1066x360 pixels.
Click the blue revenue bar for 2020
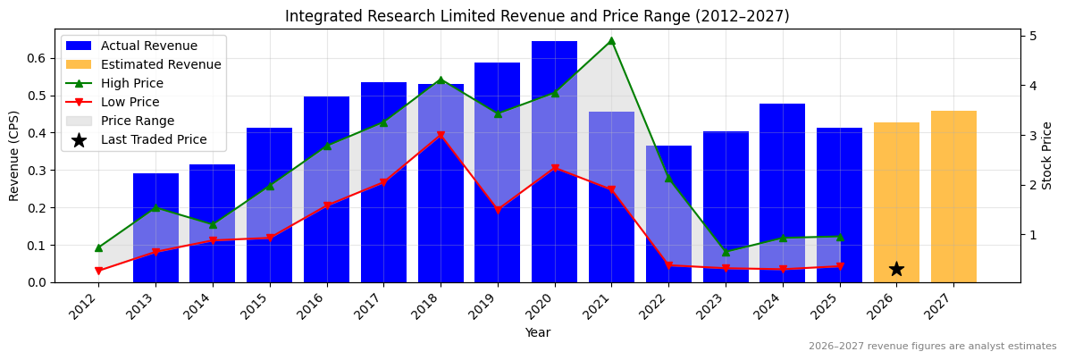pos(554,162)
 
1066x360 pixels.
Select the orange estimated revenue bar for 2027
pos(953,197)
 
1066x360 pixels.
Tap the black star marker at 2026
pos(896,269)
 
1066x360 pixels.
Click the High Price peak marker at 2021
pos(611,40)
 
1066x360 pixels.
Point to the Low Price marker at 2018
pos(441,136)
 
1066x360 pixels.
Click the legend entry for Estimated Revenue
pos(161,64)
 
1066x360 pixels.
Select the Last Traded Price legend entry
pos(154,139)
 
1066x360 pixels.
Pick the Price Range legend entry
pos(138,121)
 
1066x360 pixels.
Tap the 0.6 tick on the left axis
pos(37,58)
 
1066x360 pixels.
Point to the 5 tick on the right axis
pos(1033,36)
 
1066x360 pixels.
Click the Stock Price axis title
pos(1047,155)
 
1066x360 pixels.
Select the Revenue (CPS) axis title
pos(14,155)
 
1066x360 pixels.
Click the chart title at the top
pos(536,16)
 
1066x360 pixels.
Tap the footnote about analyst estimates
pos(932,347)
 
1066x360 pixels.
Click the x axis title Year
pos(537,332)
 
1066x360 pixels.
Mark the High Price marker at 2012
pos(98,247)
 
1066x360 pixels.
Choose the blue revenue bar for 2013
pos(155,228)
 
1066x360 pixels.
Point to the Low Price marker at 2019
pos(498,211)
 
